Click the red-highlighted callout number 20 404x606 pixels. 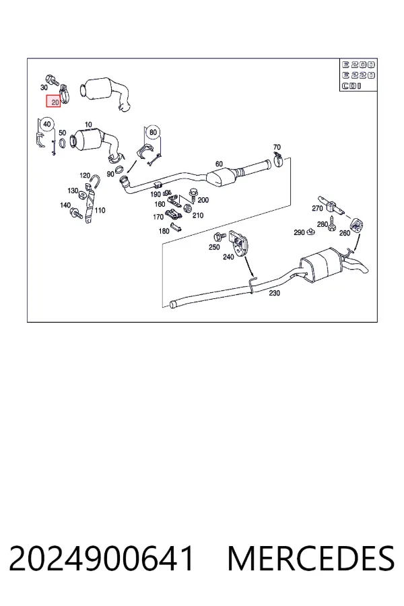[53, 102]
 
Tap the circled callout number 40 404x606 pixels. [46, 124]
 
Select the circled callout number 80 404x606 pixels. [153, 132]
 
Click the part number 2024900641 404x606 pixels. [101, 558]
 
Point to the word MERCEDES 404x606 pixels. [311, 558]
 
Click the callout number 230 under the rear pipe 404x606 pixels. [274, 293]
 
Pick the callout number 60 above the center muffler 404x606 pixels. [219, 164]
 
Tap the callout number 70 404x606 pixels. [277, 147]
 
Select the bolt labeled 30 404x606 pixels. [52, 80]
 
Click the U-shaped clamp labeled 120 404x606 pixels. [95, 182]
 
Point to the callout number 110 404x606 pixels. [100, 210]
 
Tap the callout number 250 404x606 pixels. [214, 247]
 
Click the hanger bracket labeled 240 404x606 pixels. [239, 242]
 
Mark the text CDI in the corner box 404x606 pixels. [351, 86]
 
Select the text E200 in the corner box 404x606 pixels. [358, 65]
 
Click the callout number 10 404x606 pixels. [88, 125]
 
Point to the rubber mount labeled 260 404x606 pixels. [356, 226]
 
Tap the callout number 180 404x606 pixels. [164, 231]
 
